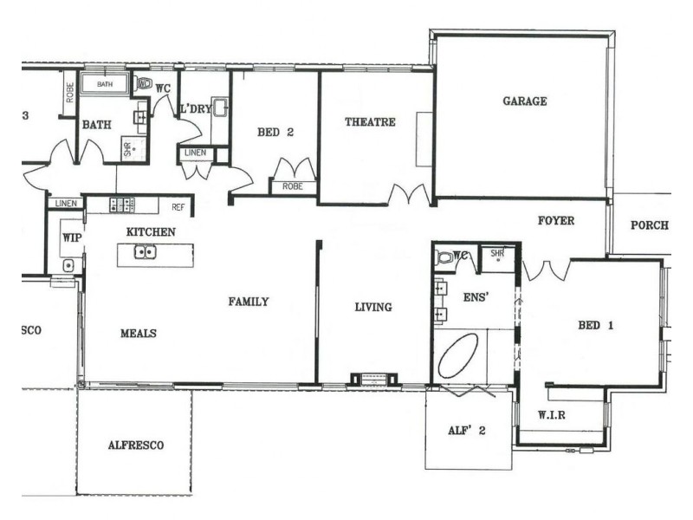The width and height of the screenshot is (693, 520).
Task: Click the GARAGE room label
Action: tap(525, 101)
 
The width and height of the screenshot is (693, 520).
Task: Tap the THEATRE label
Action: tap(370, 122)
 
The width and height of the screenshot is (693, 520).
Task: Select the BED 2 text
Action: tap(275, 133)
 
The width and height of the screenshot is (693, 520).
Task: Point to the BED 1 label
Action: tap(595, 327)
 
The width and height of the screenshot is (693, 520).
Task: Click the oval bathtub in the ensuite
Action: tap(458, 357)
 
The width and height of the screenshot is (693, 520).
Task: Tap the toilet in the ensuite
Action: tap(445, 257)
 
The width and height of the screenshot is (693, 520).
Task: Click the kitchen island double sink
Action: tap(145, 252)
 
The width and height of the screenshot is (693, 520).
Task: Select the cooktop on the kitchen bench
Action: tap(121, 205)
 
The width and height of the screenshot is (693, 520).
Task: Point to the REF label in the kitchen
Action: tap(178, 207)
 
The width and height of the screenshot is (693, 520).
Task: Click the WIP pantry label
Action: tap(70, 235)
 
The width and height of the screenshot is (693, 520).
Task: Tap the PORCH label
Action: tap(649, 225)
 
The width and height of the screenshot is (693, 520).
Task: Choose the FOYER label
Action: tap(555, 221)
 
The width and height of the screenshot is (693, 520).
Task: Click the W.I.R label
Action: tap(551, 415)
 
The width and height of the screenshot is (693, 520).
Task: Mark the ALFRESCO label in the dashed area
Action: tap(136, 445)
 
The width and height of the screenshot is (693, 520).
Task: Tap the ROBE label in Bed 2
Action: tap(292, 186)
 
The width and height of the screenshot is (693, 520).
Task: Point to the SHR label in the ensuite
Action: tap(497, 254)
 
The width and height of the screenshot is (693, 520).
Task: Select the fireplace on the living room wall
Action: tap(373, 379)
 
